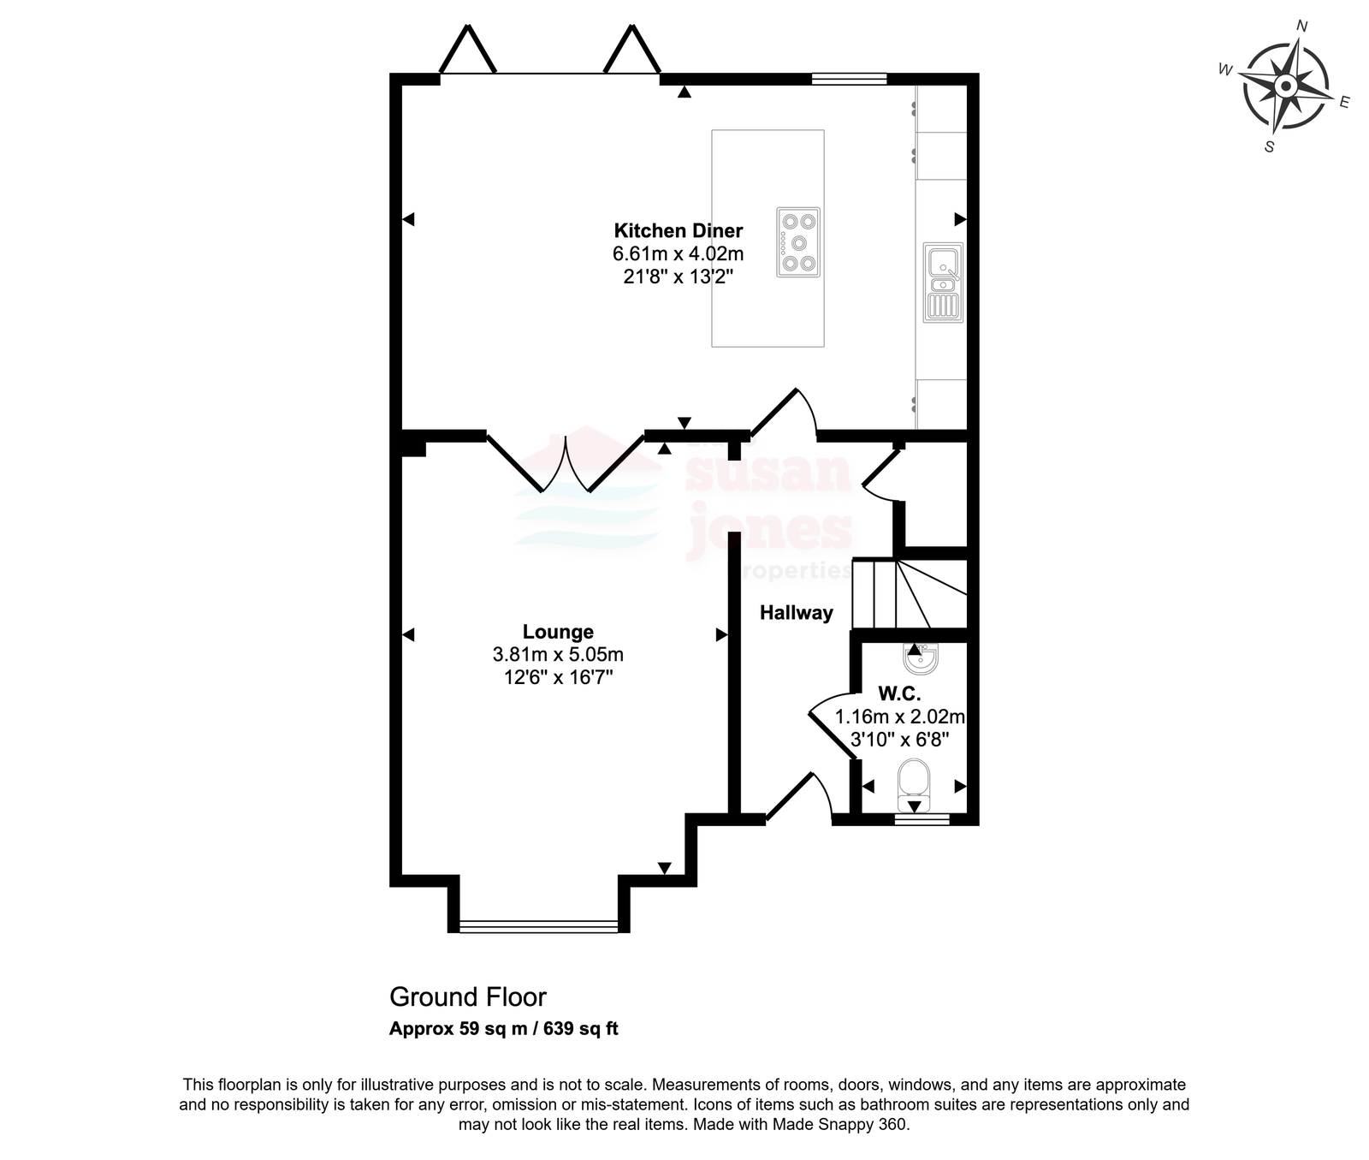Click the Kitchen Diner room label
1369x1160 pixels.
click(x=679, y=230)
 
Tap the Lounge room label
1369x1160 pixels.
click(x=558, y=632)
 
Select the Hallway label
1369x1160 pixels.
click(x=797, y=613)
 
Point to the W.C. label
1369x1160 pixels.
click(x=899, y=694)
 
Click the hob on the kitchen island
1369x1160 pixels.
click(x=798, y=242)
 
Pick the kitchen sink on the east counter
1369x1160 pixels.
click(x=943, y=283)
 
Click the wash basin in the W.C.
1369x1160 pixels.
click(x=921, y=657)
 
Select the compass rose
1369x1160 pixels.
click(x=1284, y=86)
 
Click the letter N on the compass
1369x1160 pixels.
click(x=1302, y=26)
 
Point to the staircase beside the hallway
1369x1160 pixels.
click(x=910, y=594)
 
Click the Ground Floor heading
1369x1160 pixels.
click(x=467, y=997)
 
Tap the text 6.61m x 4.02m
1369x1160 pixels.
click(x=678, y=254)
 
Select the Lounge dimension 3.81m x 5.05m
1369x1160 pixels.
click(x=558, y=655)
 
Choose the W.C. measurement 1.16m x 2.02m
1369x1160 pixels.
click(x=900, y=717)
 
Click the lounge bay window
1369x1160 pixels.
click(x=538, y=925)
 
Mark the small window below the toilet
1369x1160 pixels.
click(x=922, y=819)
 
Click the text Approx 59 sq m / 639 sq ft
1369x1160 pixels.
click(x=504, y=1029)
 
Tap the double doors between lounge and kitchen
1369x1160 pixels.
click(x=565, y=463)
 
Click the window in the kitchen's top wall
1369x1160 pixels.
click(x=849, y=80)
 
